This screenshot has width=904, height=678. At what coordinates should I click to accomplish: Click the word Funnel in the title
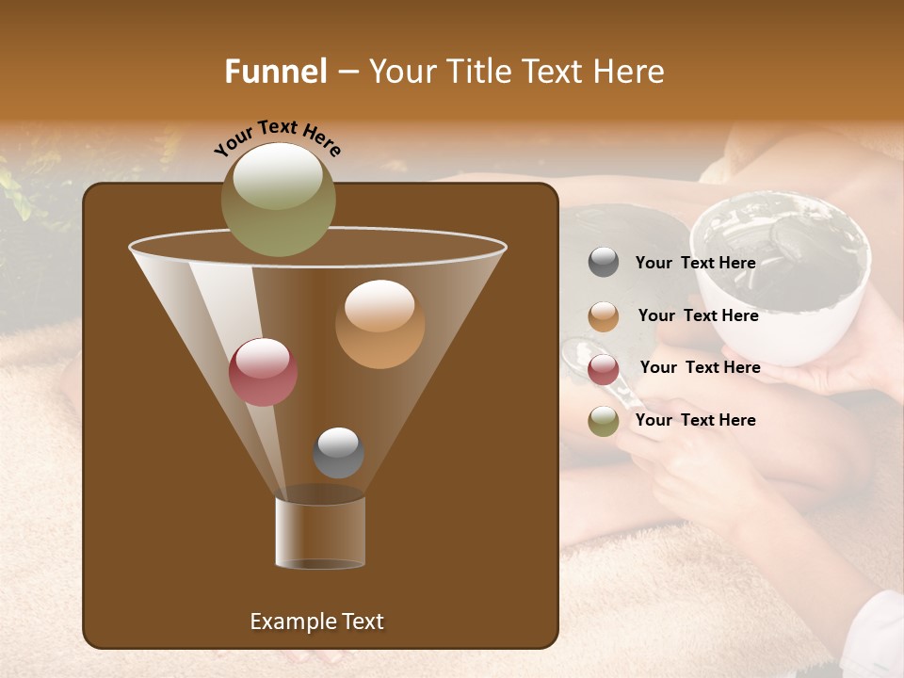(x=276, y=72)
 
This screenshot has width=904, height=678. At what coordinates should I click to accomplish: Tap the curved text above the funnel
(x=278, y=137)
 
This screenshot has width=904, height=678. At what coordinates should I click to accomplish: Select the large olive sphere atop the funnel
(x=279, y=200)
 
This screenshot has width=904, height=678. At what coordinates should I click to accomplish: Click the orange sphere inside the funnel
(x=379, y=324)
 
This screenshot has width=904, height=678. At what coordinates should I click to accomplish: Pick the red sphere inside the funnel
(x=263, y=372)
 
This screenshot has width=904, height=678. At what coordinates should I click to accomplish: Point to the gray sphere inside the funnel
(x=338, y=453)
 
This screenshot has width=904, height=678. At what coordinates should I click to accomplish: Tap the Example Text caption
(x=317, y=621)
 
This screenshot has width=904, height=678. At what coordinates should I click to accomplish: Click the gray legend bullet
(x=604, y=263)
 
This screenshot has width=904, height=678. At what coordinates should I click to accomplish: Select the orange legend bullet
(x=604, y=316)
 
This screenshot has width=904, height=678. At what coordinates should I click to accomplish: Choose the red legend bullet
(x=604, y=368)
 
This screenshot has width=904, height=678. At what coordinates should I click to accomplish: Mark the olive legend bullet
(x=604, y=421)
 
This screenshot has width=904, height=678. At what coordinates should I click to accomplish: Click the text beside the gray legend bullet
(x=695, y=264)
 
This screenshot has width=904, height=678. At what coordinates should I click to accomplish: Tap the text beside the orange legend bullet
(x=698, y=316)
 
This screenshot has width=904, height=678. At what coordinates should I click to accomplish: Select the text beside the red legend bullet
(x=700, y=368)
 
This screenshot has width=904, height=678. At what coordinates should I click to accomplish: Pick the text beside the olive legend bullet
(x=695, y=421)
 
